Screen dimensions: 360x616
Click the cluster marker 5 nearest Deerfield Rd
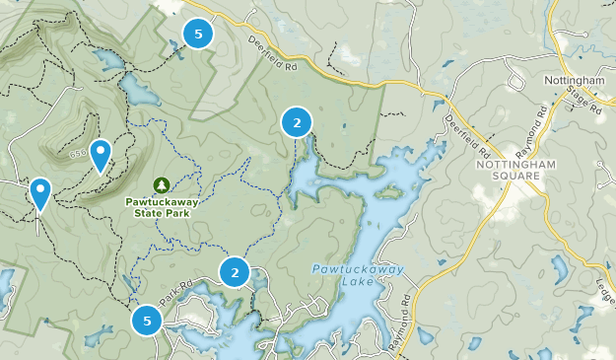click(199, 35)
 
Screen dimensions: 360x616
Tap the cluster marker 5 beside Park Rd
click(147, 320)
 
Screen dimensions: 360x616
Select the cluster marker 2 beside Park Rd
click(235, 272)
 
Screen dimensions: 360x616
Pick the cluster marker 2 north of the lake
click(297, 122)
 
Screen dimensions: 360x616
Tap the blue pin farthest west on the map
click(40, 193)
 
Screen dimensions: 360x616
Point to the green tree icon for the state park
click(162, 184)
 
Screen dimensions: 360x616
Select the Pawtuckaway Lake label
click(343, 276)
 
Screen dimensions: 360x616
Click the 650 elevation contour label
click(76, 154)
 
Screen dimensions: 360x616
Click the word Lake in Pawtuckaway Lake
click(345, 285)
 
